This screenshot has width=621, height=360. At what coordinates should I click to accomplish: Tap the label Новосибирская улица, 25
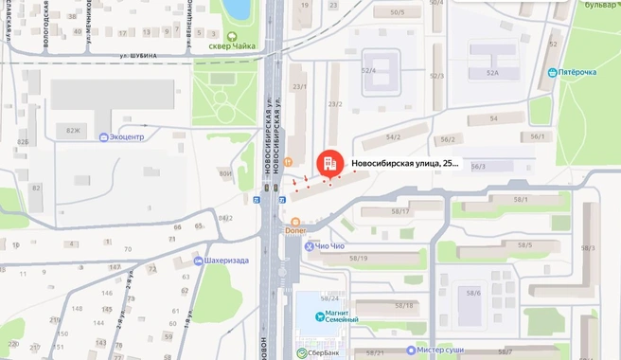tap(405, 164)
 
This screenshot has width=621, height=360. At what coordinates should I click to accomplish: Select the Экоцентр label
tap(127, 136)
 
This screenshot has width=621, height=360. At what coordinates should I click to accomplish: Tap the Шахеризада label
tap(225, 260)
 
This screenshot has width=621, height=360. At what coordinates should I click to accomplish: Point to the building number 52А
tap(492, 72)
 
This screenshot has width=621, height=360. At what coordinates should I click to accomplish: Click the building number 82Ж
tap(74, 129)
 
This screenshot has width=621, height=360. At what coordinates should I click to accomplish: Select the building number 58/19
tap(359, 258)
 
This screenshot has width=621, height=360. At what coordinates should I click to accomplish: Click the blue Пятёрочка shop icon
tap(553, 72)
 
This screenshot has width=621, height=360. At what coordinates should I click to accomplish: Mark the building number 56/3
tap(478, 167)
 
